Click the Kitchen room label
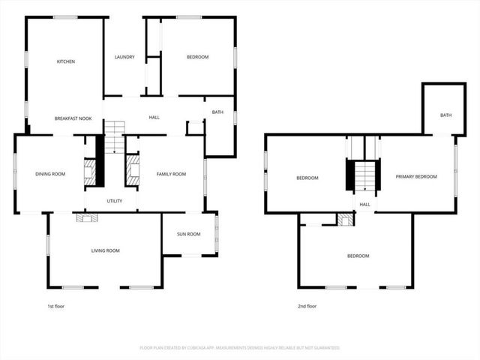point(66,61)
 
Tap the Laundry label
point(124,57)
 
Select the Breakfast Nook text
point(73,118)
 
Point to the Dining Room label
point(50,174)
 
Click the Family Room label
point(171,174)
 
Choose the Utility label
point(115,201)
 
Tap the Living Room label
point(106,250)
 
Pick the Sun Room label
point(189,235)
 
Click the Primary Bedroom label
point(416,176)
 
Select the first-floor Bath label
point(217,112)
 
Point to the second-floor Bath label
point(445,115)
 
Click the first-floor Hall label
point(154,117)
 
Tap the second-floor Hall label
point(365,204)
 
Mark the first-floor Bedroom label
point(197,57)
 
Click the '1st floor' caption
point(55,306)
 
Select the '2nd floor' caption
point(307,306)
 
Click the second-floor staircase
point(364,177)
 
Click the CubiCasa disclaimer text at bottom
point(240,348)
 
